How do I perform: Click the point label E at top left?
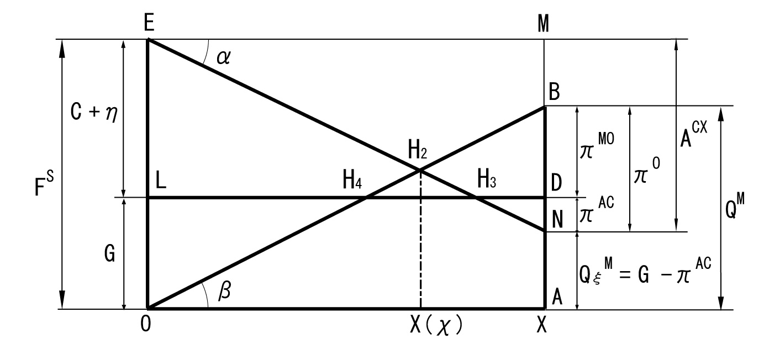[149, 23]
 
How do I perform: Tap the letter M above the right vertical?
[544, 24]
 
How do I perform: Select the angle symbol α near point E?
[224, 57]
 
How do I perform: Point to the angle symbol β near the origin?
[224, 290]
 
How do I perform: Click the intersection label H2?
[418, 150]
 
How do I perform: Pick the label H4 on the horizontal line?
[352, 179]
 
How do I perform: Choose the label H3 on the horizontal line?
[486, 179]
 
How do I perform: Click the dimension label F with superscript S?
[44, 183]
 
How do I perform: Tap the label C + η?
[94, 112]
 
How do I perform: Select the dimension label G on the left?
[109, 253]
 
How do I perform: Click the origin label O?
[146, 324]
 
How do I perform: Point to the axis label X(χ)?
[436, 325]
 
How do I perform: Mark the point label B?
[554, 92]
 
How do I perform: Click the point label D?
[556, 183]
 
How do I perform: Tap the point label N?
[557, 220]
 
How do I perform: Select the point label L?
[161, 181]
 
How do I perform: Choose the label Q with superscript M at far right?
[735, 207]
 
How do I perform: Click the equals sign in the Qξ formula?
[624, 275]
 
